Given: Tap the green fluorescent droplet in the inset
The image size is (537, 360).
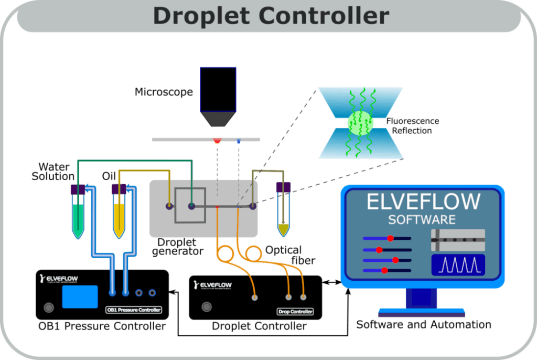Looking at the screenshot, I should coord(360,123).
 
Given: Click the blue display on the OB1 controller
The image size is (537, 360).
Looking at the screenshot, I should coord(80,297).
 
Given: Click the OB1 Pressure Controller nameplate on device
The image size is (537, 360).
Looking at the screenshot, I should coord(134,310).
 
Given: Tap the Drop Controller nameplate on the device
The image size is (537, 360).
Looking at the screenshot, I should coord(295,312).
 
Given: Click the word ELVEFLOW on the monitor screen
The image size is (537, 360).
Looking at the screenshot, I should coord(423,202).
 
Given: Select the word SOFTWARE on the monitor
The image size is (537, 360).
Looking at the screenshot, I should coord(422,219).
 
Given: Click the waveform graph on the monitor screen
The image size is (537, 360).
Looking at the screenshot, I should coord(458,265).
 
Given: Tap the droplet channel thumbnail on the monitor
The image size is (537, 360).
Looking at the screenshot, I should coord(458,240).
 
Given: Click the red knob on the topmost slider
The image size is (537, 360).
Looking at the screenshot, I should coord(390,238).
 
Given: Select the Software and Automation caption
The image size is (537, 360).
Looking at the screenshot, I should coord(424,325).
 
